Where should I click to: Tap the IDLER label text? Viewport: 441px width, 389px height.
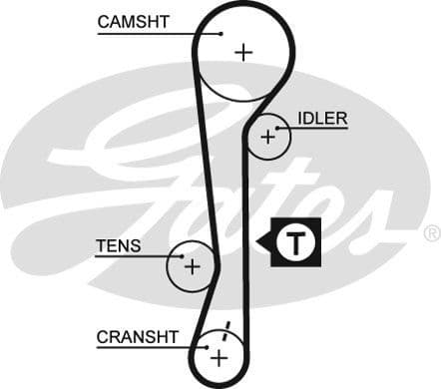coord(322,119)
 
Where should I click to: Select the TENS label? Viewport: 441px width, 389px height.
coord(118,245)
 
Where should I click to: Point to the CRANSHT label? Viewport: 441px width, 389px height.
coord(136,337)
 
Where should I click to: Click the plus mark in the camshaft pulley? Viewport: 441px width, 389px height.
coord(243,52)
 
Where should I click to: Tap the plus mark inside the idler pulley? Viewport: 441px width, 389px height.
coord(266,137)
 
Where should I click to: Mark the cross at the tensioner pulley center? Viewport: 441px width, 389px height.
coord(192,266)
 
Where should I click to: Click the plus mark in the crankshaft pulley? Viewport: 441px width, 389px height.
coord(220,356)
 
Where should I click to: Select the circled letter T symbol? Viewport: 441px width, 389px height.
coord(294,241)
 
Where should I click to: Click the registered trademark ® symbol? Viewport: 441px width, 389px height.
coord(431,233)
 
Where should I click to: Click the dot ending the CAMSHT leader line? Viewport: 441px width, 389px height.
coord(220,35)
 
